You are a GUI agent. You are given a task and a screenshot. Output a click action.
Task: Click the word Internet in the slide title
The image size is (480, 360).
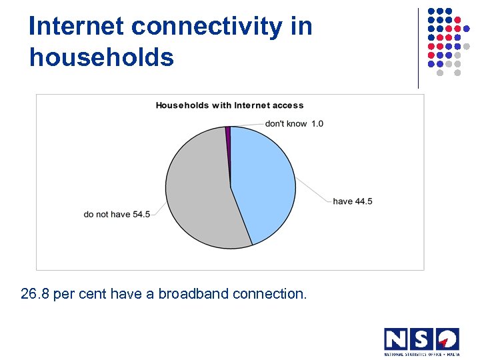pos(77,27)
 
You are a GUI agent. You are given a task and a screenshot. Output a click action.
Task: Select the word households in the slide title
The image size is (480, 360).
pos(101,57)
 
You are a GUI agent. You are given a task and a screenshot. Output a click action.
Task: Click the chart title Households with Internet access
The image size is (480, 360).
pos(229,105)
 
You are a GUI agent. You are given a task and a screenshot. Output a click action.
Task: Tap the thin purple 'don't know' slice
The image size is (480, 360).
pos(228,133)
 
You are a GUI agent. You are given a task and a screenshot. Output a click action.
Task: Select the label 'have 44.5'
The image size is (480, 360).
pos(353,201)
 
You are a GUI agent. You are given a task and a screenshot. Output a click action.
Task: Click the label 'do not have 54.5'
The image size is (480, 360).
pos(117,215)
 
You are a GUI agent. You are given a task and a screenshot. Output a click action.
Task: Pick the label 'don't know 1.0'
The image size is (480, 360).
pos(294,123)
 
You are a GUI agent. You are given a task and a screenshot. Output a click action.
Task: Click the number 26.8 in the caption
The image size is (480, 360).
pos(35,294)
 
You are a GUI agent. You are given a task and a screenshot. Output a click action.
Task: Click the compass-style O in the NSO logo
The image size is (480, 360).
pos(447,339)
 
